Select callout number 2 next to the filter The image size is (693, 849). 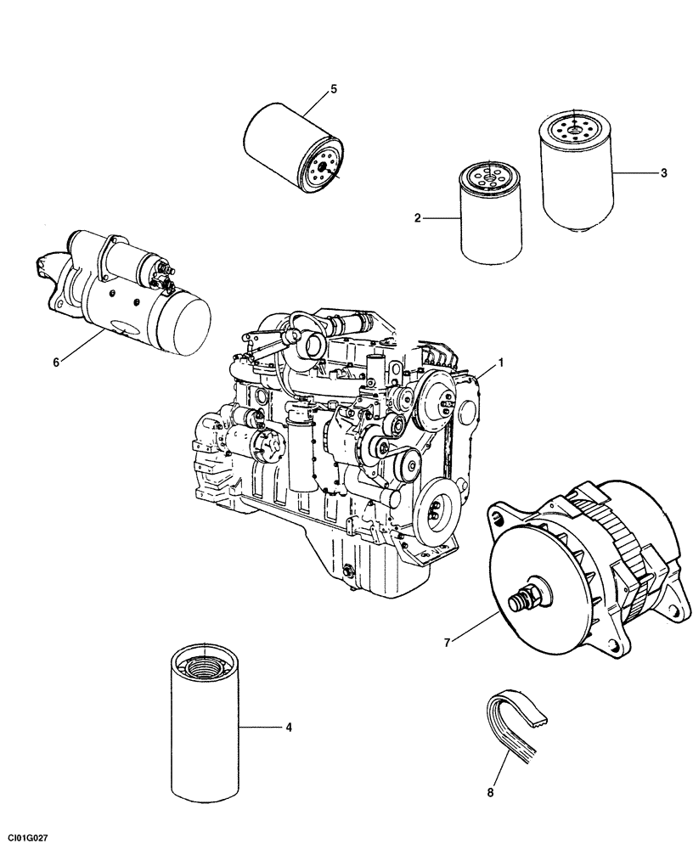[x=418, y=219]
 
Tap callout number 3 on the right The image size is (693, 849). [x=664, y=173]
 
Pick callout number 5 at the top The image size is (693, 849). [x=333, y=88]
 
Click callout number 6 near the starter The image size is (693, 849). [x=56, y=363]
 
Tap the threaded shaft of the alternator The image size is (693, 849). [x=520, y=600]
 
